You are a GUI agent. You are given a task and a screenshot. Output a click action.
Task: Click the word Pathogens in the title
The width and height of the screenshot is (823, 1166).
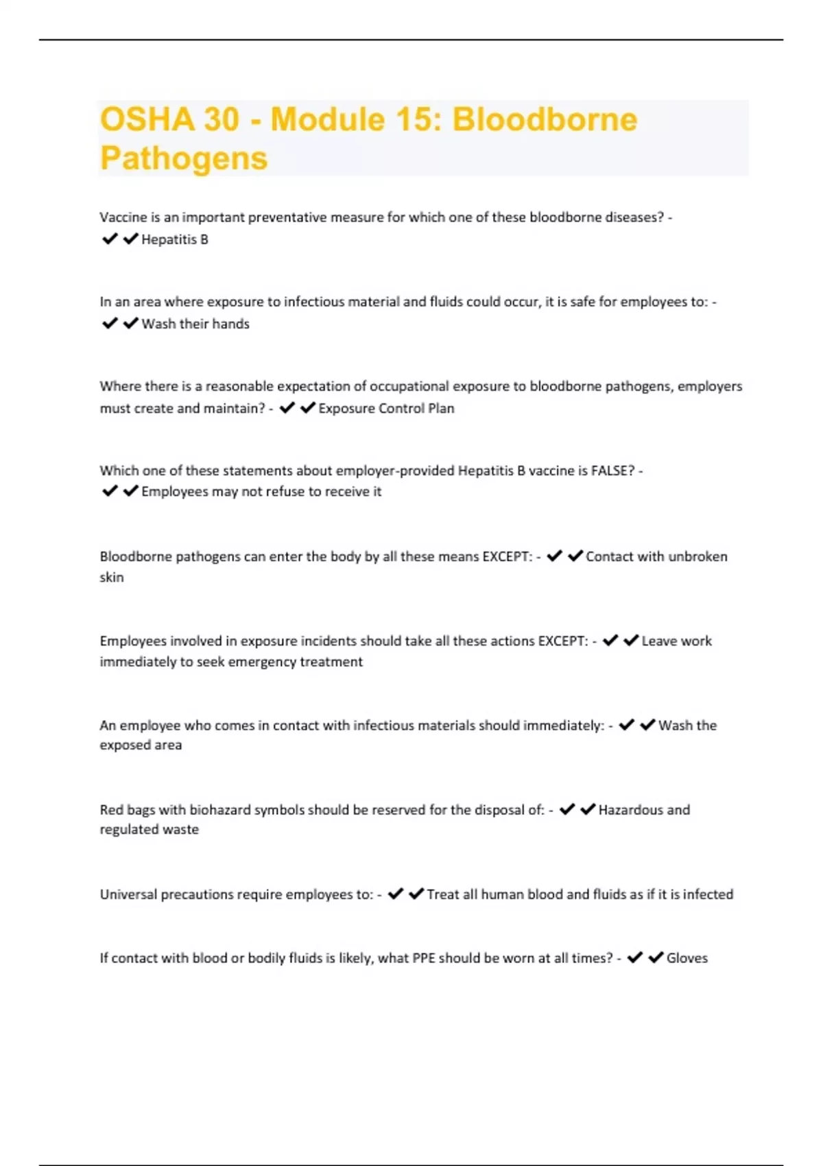point(184,158)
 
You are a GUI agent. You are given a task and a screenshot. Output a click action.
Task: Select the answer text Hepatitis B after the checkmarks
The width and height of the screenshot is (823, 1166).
point(174,239)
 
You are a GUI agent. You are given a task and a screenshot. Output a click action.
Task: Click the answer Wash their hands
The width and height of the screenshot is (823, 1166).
point(195,324)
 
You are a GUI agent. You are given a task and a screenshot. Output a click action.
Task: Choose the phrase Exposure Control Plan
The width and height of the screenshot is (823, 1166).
point(386,408)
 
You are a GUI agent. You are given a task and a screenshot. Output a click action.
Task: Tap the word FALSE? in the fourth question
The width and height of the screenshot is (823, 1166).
point(612,471)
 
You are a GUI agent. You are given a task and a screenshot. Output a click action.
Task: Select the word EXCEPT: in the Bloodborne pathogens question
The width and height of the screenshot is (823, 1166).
point(508,556)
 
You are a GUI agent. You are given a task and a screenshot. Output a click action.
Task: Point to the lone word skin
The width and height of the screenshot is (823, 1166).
point(112,578)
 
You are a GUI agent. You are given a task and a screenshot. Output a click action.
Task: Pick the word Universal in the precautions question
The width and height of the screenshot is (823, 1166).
point(128,894)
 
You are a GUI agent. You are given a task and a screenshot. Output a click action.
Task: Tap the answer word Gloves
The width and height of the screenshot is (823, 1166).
point(687,958)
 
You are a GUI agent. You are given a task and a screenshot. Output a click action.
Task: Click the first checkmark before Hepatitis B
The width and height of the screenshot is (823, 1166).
point(110,239)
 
